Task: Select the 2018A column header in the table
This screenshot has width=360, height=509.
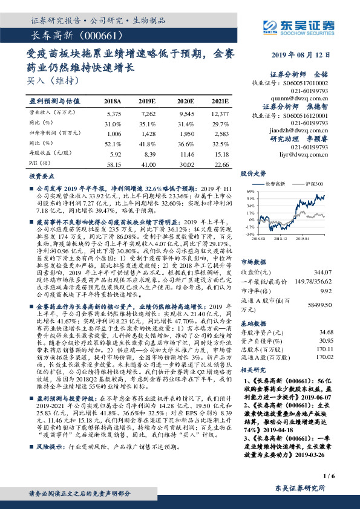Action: click(113, 102)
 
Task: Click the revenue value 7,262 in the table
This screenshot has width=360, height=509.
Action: click(148, 114)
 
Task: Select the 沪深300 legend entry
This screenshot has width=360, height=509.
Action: click(315, 183)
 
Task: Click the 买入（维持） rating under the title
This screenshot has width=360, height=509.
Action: click(49, 79)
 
